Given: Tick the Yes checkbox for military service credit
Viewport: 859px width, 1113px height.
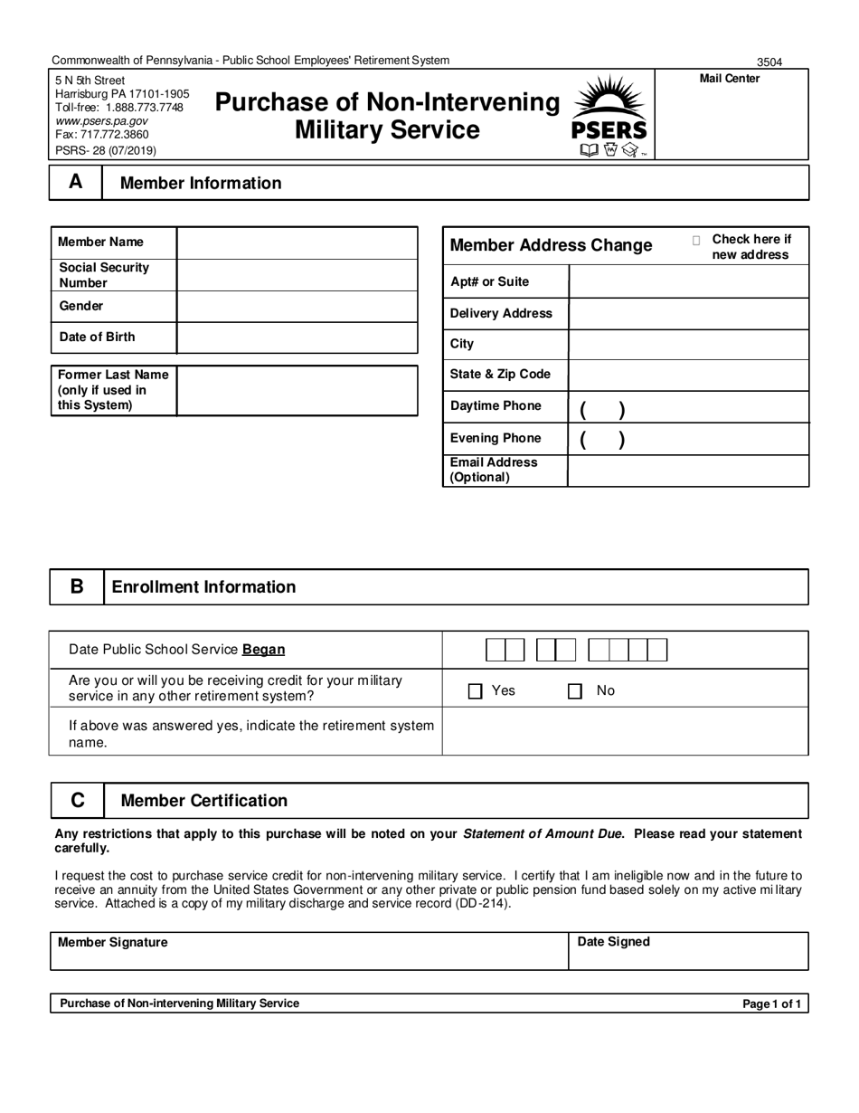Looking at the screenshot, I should pyautogui.click(x=476, y=691).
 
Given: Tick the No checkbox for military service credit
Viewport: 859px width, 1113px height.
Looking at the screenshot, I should pyautogui.click(x=574, y=691).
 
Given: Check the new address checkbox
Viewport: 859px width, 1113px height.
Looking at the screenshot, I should pyautogui.click(x=696, y=241).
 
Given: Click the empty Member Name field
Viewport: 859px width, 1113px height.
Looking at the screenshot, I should pyautogui.click(x=297, y=243).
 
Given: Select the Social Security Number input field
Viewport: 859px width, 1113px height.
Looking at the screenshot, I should pyautogui.click(x=297, y=275).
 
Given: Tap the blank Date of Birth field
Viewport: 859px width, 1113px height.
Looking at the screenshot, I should pyautogui.click(x=297, y=338).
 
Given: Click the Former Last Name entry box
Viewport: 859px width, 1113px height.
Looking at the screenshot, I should pyautogui.click(x=297, y=390).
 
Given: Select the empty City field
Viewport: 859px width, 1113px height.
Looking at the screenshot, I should pyautogui.click(x=688, y=345).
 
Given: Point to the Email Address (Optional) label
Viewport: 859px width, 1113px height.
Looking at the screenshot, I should pyautogui.click(x=494, y=470).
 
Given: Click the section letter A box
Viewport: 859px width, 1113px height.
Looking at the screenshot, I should pyautogui.click(x=76, y=183).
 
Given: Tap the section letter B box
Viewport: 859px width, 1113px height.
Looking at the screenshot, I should pyautogui.click(x=77, y=586).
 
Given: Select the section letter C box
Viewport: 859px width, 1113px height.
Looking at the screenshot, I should pyautogui.click(x=77, y=801).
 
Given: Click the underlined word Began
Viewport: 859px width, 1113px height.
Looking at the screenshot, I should pyautogui.click(x=263, y=650).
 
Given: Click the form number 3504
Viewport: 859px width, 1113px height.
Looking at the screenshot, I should pyautogui.click(x=769, y=62).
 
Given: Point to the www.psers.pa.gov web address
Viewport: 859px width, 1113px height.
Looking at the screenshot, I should pyautogui.click(x=101, y=120).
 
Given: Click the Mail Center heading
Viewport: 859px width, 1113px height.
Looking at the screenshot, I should pyautogui.click(x=730, y=79).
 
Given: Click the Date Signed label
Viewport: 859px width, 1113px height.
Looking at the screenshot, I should pyautogui.click(x=613, y=942).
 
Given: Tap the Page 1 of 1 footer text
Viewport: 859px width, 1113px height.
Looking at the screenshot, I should pyautogui.click(x=771, y=1004).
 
